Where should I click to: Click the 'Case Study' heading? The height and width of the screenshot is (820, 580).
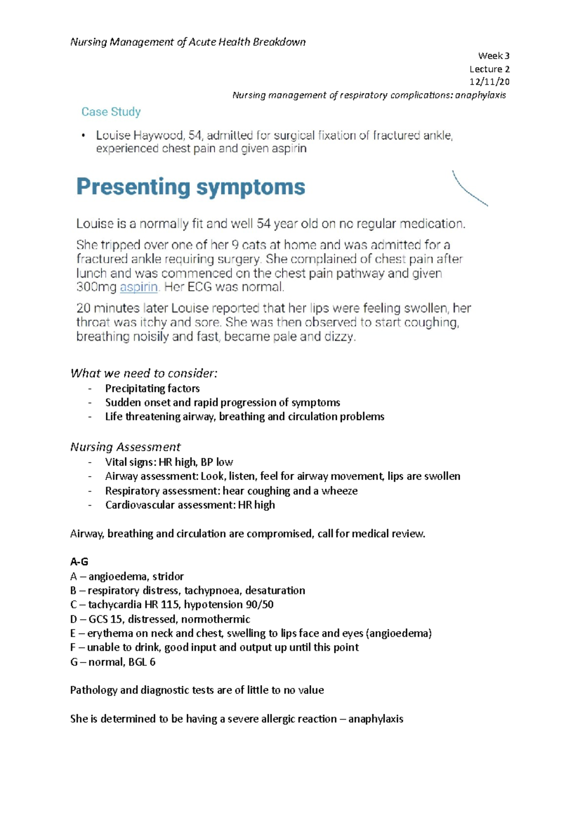pyautogui.click(x=111, y=112)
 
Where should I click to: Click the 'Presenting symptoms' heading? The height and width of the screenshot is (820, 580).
pyautogui.click(x=190, y=187)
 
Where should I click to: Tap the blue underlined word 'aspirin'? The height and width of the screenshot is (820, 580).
pyautogui.click(x=139, y=287)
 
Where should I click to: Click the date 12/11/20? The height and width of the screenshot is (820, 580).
pyautogui.click(x=489, y=82)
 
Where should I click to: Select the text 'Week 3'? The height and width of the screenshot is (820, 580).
pyautogui.click(x=493, y=56)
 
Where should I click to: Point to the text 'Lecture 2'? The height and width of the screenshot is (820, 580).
pyautogui.click(x=489, y=69)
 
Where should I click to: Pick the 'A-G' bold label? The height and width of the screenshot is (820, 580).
pyautogui.click(x=79, y=562)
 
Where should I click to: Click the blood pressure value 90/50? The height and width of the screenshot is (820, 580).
pyautogui.click(x=261, y=605)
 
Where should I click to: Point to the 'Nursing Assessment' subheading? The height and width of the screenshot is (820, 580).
pyautogui.click(x=125, y=447)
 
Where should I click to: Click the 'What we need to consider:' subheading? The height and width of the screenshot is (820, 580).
pyautogui.click(x=144, y=373)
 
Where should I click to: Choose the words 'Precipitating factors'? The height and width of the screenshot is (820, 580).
pyautogui.click(x=152, y=388)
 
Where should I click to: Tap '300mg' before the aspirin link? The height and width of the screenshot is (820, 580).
pyautogui.click(x=96, y=287)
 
